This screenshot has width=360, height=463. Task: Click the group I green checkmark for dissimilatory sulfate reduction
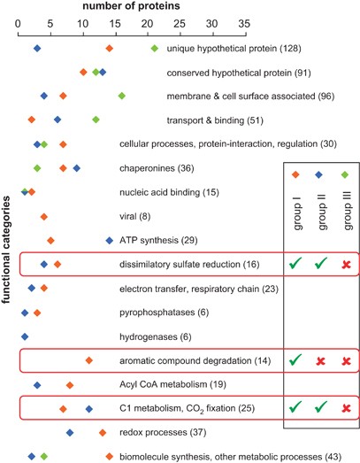[x=295, y=264]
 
